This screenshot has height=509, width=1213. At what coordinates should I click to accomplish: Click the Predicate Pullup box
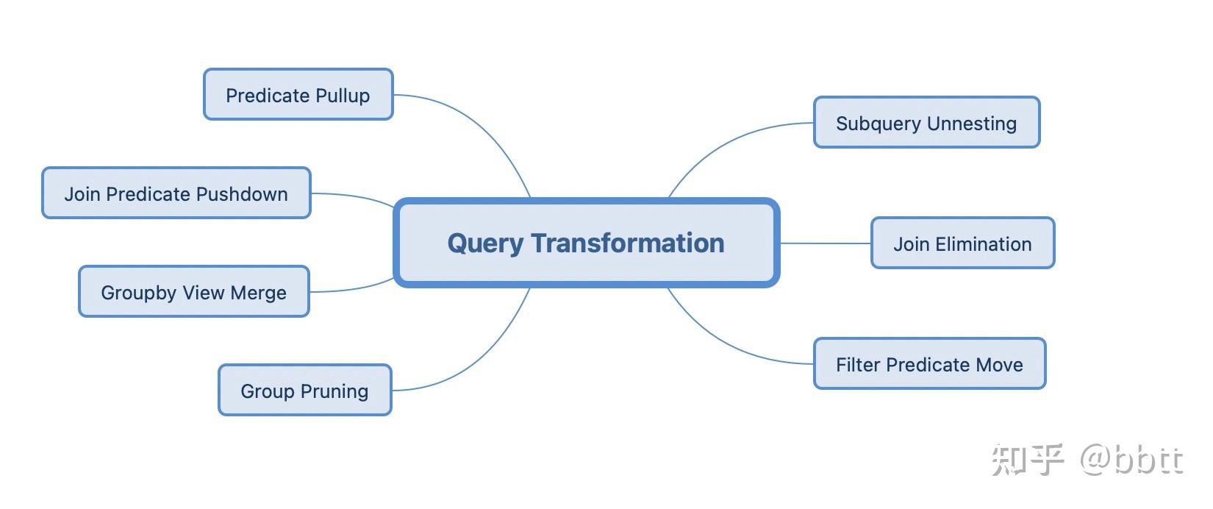(x=298, y=94)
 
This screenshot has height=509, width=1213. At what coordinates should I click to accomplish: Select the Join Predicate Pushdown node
(x=176, y=193)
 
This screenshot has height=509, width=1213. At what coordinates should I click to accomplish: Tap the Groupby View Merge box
(x=193, y=291)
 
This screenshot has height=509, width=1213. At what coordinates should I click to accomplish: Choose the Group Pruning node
(x=304, y=390)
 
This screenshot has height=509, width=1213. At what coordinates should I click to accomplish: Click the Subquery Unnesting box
(x=926, y=122)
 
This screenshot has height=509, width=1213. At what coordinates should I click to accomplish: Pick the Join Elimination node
(x=962, y=243)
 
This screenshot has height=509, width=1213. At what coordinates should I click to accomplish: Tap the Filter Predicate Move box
(x=929, y=363)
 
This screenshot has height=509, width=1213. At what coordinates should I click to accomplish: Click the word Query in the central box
(x=485, y=243)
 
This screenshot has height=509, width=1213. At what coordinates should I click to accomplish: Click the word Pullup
(x=339, y=96)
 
